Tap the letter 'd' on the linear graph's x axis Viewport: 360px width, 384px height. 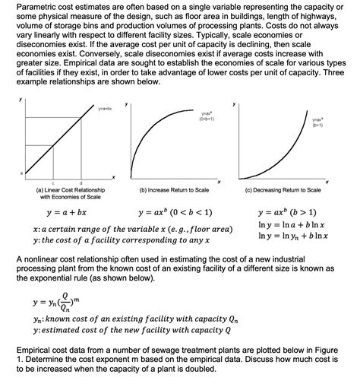81,183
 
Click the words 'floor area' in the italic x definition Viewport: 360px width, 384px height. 207,229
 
